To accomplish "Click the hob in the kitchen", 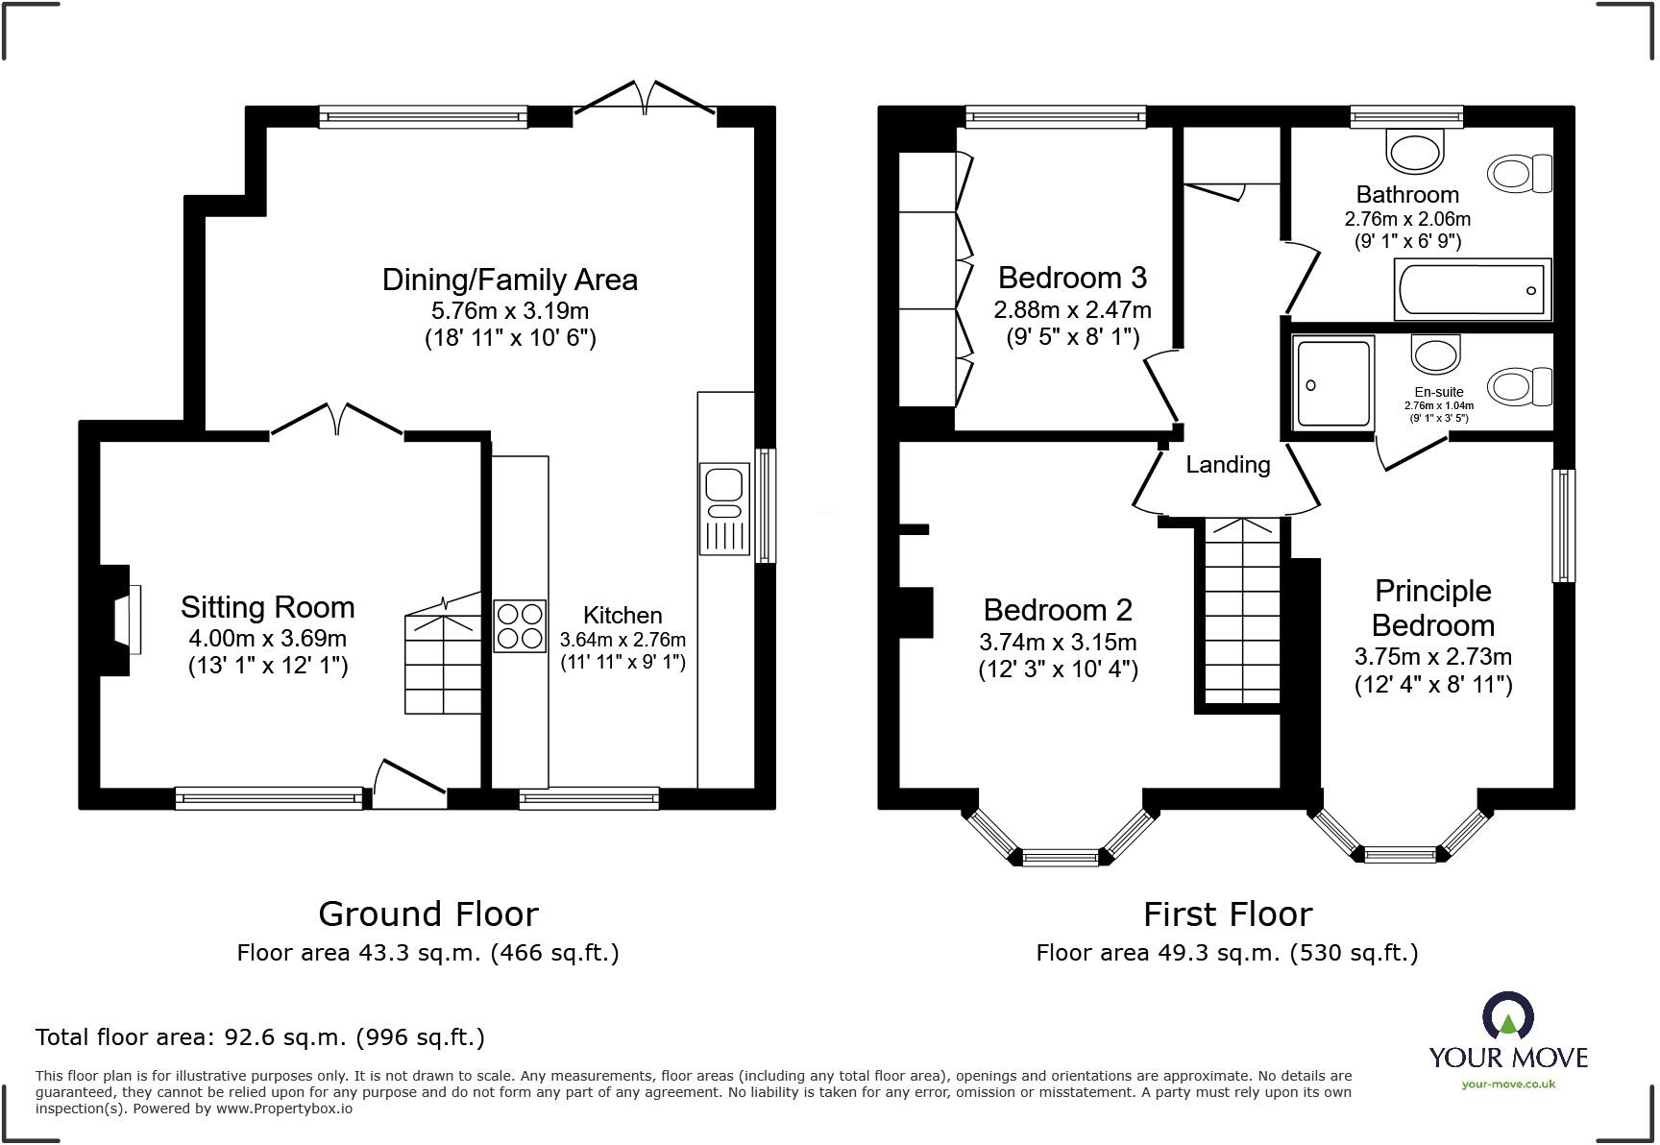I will pos(520,626).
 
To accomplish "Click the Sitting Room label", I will pos(268,607).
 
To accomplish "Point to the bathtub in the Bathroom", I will pos(1472,290).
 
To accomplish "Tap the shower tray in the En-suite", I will pos(1333,382).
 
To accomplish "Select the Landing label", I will pos(1228,465).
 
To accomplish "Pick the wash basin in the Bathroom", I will pos(1415,150).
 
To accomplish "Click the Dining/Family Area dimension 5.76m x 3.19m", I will pos(510,310).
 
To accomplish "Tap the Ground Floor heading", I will pos(428,914).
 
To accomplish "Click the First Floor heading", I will pos(1227,914).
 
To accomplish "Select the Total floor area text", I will pos(260,1037).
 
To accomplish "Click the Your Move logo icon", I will pos(1507,1016).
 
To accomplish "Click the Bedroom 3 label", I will pos(1072,278).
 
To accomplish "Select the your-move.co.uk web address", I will pos(1507,1084).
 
